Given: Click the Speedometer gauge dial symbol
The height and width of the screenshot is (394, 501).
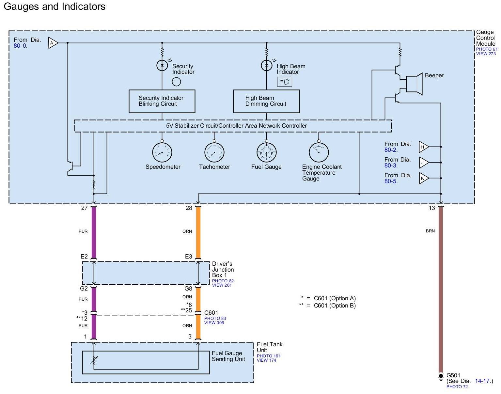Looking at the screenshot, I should (x=162, y=152).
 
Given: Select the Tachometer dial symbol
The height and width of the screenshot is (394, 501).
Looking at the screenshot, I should (x=214, y=152).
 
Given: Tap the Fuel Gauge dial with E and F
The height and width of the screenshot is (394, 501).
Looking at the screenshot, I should (x=266, y=152).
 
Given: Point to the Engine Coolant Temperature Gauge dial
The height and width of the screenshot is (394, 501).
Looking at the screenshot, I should (x=319, y=152).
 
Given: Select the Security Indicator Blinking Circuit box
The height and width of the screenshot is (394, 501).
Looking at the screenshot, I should (x=162, y=101).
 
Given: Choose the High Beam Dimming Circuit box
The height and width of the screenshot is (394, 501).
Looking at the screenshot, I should (x=266, y=101).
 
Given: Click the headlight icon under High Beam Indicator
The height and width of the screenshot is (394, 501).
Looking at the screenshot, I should (x=284, y=82).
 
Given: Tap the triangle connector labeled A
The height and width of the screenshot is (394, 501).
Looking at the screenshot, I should (x=53, y=43).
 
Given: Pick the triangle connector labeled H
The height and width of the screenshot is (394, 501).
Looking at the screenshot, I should (x=423, y=147).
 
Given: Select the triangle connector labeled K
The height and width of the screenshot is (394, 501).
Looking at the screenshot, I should (x=423, y=178).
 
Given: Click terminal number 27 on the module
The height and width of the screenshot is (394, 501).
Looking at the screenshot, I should (x=84, y=208).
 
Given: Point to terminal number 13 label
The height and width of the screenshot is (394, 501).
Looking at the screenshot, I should (x=432, y=208).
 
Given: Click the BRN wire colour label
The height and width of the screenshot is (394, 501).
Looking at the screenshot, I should (x=430, y=231).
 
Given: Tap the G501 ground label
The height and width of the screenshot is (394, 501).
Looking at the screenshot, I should (x=453, y=375).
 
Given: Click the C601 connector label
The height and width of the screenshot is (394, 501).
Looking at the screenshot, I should (x=211, y=313).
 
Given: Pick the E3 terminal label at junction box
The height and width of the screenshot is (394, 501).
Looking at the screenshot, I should (x=188, y=257).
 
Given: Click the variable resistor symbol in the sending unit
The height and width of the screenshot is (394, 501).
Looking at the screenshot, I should (x=94, y=360).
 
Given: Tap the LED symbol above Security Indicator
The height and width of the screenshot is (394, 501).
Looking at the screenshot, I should (x=162, y=66).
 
